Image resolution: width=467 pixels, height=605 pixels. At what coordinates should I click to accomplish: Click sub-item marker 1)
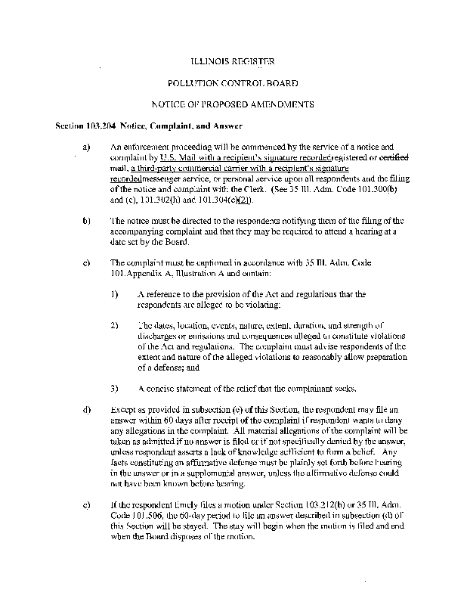[x=115, y=294]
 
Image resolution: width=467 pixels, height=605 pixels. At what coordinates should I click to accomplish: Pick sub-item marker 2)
[x=115, y=325]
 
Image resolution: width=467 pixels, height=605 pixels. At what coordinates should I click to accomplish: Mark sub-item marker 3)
[x=115, y=388]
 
